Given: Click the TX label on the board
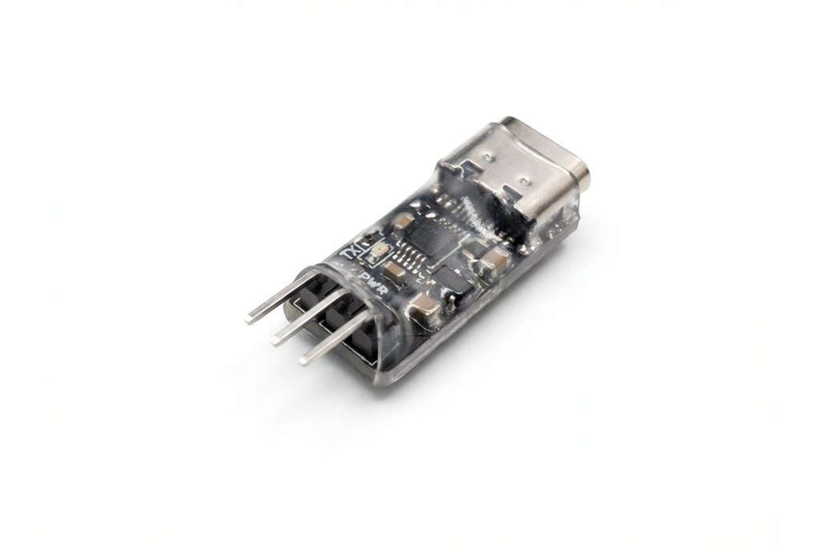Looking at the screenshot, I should [x=348, y=251].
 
